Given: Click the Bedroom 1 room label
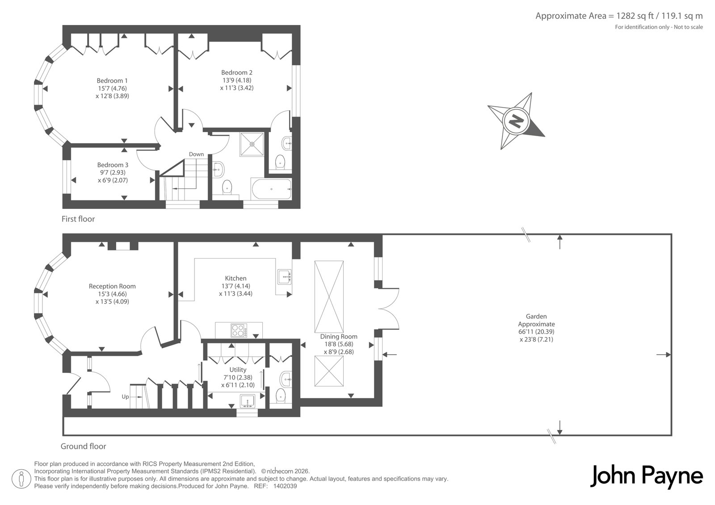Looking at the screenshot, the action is click(112, 81).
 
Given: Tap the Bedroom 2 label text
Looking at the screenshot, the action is click(236, 72).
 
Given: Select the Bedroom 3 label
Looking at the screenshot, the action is click(113, 165).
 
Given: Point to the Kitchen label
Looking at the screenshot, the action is click(236, 278).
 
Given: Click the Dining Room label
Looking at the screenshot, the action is click(339, 337).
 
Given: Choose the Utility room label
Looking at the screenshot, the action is click(238, 370).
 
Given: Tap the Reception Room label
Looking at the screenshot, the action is click(112, 287).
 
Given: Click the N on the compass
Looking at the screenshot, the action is click(516, 121).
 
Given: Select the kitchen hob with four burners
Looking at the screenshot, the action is click(239, 330).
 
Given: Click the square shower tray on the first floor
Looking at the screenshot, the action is click(252, 144).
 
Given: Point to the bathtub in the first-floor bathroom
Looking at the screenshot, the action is click(271, 189).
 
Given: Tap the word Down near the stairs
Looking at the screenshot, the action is click(196, 154).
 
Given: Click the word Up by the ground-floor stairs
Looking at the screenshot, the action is click(125, 396).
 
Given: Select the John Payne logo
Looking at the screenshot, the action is click(646, 476).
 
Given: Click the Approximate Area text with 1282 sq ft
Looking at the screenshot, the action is click(619, 16).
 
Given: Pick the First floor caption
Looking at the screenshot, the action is click(78, 219).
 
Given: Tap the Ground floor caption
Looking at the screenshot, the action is click(83, 447).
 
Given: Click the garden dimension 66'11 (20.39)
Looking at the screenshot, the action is click(536, 332).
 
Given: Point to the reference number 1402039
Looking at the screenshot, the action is click(285, 486).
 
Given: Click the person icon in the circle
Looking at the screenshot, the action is click(21, 479).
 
